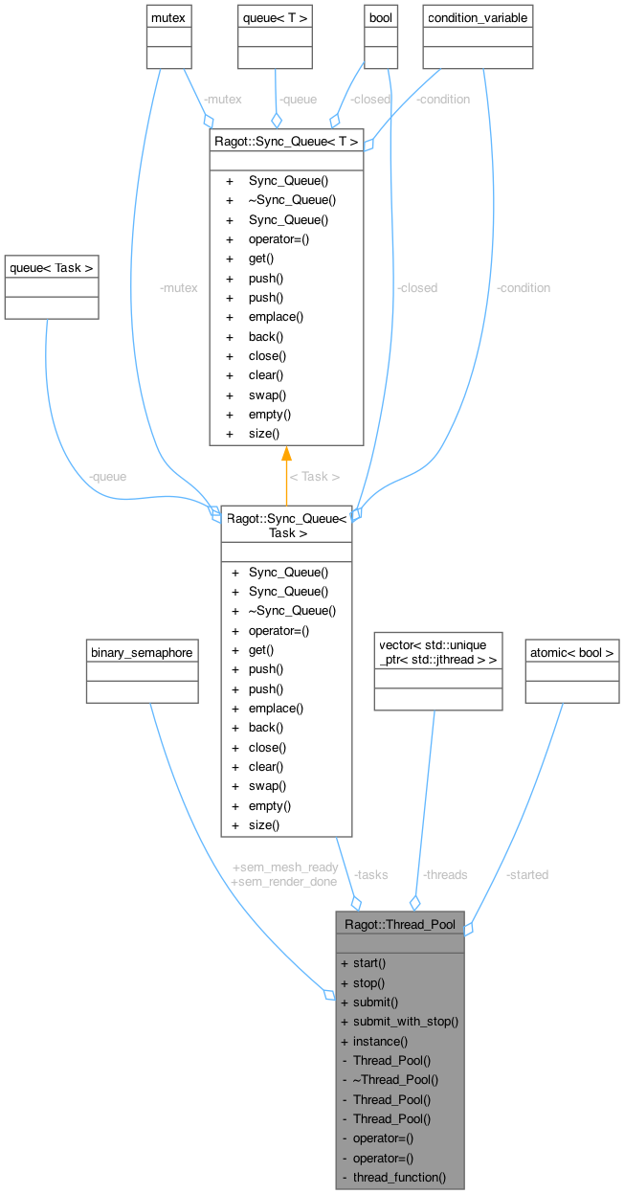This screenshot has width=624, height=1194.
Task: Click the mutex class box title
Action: (x=167, y=18)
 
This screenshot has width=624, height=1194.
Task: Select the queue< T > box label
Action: (x=276, y=18)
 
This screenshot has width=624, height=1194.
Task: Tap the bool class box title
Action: (x=381, y=18)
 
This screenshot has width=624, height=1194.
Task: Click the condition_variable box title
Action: (x=477, y=18)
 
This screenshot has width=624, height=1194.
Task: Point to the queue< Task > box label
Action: (x=52, y=268)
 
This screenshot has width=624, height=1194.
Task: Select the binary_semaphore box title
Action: (x=142, y=652)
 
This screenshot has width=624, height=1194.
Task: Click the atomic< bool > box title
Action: (x=571, y=652)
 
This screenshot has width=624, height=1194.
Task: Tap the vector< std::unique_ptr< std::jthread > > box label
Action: (x=437, y=651)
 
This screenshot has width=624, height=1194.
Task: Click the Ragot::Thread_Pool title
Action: (x=399, y=925)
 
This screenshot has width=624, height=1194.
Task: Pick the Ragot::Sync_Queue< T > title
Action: (x=286, y=142)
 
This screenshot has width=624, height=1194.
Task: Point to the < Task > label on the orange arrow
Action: (x=314, y=476)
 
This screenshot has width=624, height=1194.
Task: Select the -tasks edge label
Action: (x=370, y=874)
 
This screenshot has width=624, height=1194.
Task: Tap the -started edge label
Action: (x=526, y=874)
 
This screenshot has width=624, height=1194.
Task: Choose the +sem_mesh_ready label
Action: (x=285, y=867)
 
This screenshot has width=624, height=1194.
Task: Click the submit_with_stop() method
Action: (x=406, y=1021)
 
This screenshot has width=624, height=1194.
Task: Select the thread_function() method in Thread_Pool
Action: (x=399, y=1177)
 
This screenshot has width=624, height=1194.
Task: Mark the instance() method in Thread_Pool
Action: (x=380, y=1041)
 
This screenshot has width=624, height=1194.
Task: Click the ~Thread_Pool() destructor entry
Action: (x=395, y=1079)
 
